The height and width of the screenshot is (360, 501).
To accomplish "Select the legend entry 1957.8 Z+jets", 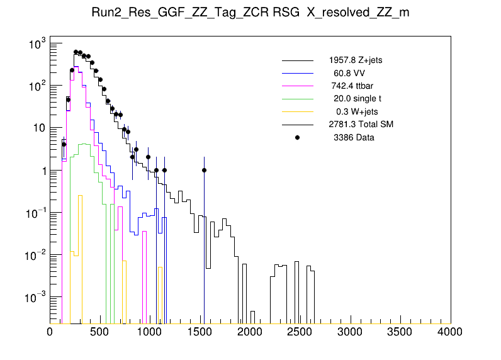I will (355, 60).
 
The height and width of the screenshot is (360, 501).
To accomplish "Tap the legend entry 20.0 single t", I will (357, 99).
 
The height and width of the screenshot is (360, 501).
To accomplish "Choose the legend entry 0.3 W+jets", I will (358, 111).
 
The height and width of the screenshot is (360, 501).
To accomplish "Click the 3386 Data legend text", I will (354, 137).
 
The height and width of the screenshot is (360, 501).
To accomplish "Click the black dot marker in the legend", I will (297, 137).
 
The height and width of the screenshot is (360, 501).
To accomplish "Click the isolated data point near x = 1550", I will (204, 170).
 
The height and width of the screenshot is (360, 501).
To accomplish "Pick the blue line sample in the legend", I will (297, 73).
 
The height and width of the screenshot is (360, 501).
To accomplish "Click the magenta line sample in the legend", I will (297, 86).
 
